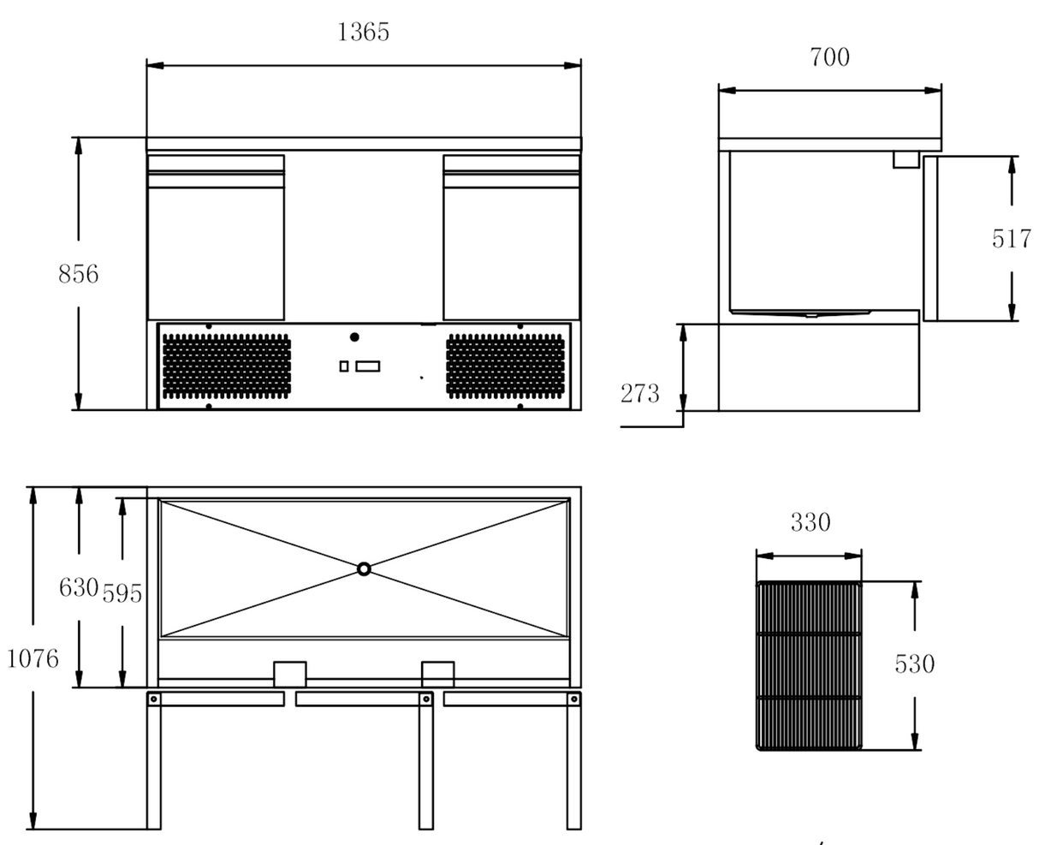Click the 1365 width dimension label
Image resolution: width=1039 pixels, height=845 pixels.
[364, 33]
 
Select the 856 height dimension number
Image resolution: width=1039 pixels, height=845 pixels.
[78, 274]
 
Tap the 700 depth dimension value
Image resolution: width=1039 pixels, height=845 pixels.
[829, 57]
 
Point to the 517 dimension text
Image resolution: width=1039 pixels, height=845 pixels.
[1012, 239]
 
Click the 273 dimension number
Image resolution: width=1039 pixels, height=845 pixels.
[640, 394]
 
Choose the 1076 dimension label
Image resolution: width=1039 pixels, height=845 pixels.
[33, 658]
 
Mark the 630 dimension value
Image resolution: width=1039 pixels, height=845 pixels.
[78, 588]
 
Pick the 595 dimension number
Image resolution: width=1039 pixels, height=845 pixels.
[122, 592]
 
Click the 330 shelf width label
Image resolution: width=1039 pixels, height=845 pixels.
[809, 522]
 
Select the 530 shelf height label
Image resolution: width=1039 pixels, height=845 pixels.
[914, 664]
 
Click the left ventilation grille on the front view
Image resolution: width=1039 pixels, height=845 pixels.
[226, 366]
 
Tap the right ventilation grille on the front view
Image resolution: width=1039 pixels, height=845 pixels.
[506, 366]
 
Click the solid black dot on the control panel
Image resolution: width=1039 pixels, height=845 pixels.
[354, 337]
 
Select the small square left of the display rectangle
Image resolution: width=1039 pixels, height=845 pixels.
[344, 366]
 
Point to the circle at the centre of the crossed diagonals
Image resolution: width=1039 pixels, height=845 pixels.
[364, 568]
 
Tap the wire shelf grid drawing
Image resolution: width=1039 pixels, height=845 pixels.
[809, 665]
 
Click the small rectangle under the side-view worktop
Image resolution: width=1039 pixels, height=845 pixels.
[905, 159]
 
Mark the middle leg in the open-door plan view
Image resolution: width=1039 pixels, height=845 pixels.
[425, 762]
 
